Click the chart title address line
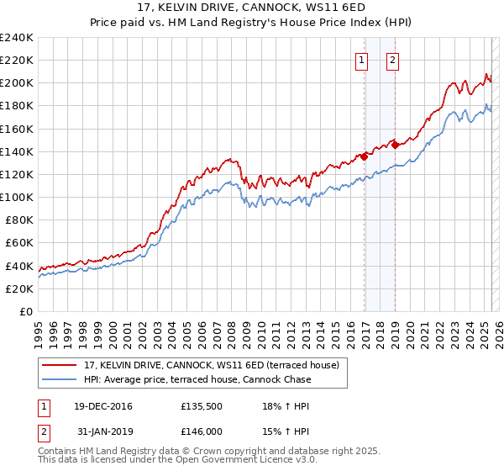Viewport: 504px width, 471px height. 251,8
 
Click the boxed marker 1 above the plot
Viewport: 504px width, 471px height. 361,59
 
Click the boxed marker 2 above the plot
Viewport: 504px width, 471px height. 392,59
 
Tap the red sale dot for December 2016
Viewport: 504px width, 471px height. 365,156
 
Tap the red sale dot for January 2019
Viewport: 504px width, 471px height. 395,144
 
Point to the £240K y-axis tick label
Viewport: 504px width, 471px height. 17,38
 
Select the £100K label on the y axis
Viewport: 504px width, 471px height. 17,197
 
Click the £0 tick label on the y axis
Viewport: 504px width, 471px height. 27,311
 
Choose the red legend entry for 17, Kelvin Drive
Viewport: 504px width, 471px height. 211,365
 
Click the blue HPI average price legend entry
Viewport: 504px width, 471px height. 197,379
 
